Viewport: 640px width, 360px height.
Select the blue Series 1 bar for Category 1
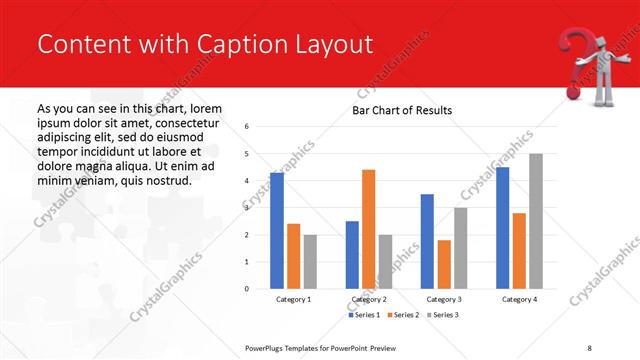pyautogui.click(x=277, y=231)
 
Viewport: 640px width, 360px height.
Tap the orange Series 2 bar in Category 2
pyautogui.click(x=368, y=229)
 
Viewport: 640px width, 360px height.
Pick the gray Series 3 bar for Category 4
pyautogui.click(x=536, y=221)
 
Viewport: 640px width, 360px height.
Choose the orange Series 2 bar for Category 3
pyautogui.click(x=444, y=264)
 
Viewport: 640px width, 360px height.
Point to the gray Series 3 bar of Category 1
pyautogui.click(x=311, y=262)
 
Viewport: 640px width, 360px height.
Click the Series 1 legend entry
pyautogui.click(x=364, y=315)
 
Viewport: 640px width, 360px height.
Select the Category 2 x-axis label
pyautogui.click(x=368, y=299)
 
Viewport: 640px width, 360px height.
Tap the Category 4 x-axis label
pyautogui.click(x=519, y=299)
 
